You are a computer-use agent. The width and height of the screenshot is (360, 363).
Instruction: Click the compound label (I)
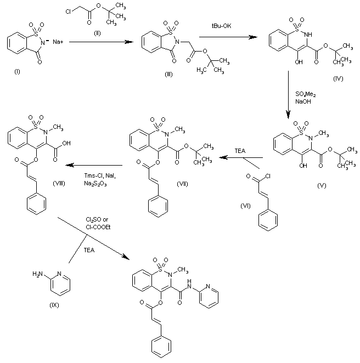[17, 72]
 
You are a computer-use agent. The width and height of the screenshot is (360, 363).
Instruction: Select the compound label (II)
[97, 33]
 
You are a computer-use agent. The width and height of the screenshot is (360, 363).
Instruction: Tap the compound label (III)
[168, 75]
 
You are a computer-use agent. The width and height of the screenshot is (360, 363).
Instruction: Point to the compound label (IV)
[338, 79]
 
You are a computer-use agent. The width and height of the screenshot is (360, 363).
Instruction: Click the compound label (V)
[322, 185]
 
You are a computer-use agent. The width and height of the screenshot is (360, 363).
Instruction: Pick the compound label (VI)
[245, 206]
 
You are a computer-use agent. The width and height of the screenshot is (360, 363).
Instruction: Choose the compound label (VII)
[182, 184]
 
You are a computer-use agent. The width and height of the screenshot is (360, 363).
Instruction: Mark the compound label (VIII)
[59, 183]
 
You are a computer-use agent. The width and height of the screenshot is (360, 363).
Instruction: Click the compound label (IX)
[54, 305]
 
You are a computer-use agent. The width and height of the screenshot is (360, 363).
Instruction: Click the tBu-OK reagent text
[221, 26]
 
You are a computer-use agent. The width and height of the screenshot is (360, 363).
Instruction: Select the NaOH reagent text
[303, 101]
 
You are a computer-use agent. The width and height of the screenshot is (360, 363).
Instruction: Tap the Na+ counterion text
[58, 42]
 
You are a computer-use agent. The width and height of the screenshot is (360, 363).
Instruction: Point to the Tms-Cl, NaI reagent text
[100, 175]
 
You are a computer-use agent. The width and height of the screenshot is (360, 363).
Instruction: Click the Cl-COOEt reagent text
[98, 227]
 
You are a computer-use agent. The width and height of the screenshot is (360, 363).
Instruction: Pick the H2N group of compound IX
[37, 274]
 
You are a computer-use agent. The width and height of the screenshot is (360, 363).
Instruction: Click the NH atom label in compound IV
[308, 35]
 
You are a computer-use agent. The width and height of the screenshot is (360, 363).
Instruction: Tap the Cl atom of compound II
[69, 12]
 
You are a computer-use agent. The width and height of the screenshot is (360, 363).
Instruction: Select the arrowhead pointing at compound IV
[253, 37]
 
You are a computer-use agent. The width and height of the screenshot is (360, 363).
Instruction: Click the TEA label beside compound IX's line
[89, 250]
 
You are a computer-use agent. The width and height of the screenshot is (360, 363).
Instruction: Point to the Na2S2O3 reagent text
[95, 184]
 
